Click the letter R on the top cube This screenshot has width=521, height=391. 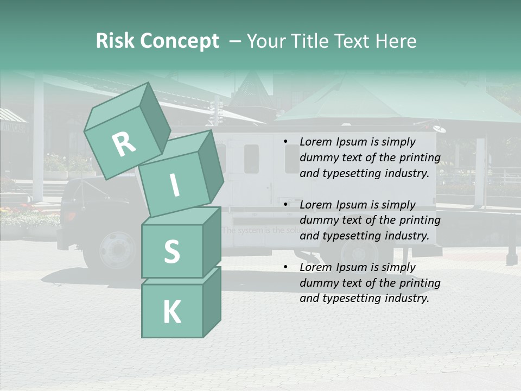(124, 144)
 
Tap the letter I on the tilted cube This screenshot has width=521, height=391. (174, 185)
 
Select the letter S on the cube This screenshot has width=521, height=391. (171, 251)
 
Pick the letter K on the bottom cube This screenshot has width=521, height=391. (171, 312)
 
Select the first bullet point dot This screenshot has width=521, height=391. (285, 142)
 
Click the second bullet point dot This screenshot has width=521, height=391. (285, 205)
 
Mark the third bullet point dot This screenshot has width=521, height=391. (285, 267)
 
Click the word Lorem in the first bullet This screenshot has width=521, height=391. (315, 142)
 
